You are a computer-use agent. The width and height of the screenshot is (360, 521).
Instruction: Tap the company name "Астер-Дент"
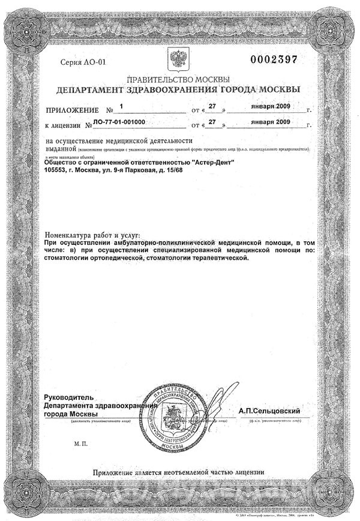pos(208,162)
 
